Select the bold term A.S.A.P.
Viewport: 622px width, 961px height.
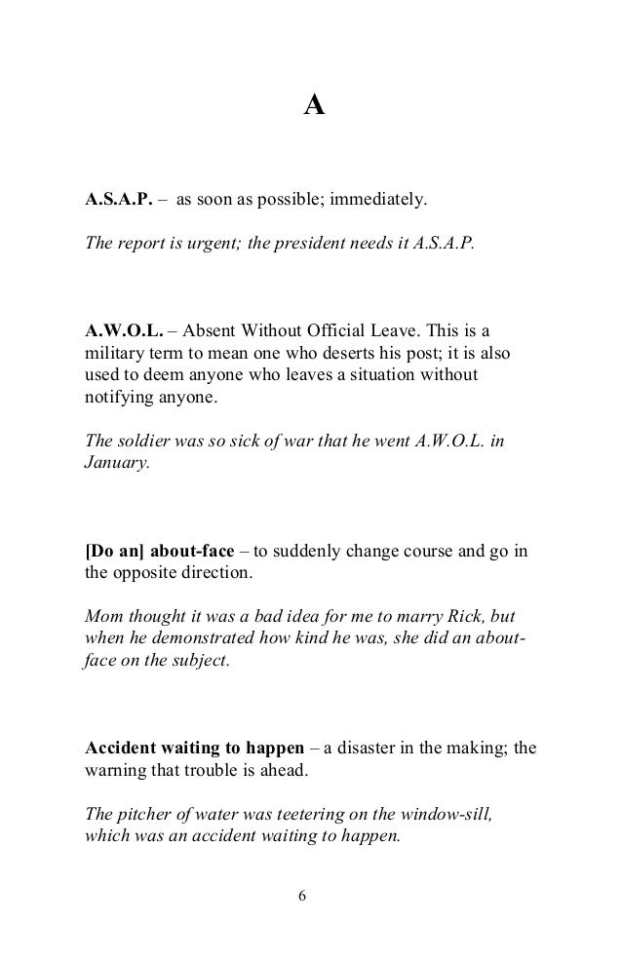(x=119, y=202)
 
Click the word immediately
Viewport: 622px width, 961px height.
(x=378, y=202)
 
